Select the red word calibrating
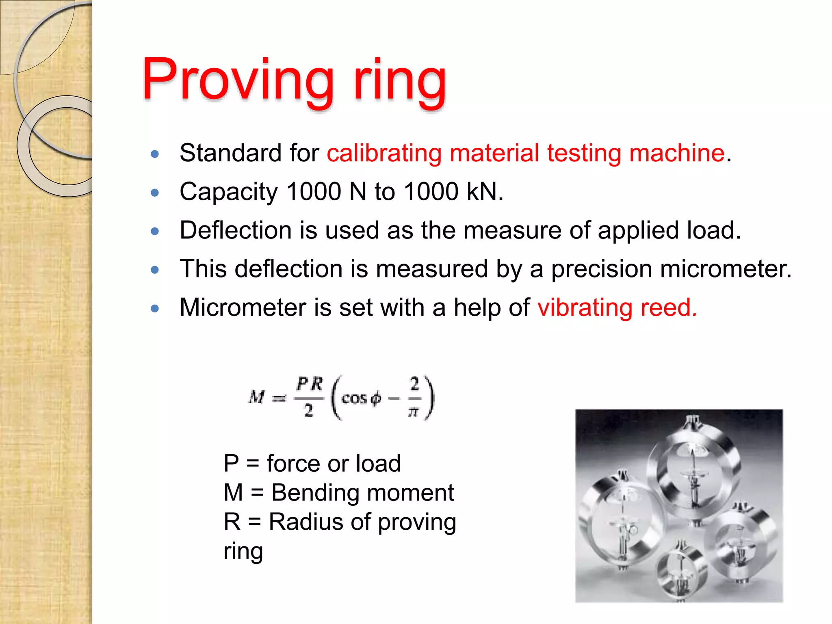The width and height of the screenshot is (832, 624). (384, 153)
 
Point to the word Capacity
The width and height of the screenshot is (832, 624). (229, 192)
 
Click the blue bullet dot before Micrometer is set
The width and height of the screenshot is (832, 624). (154, 308)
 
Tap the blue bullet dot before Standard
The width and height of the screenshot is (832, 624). (154, 154)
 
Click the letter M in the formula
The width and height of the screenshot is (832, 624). (257, 397)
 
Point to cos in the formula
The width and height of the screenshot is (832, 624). (354, 399)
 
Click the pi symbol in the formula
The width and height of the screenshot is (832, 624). (413, 412)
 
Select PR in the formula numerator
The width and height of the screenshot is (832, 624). (310, 384)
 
